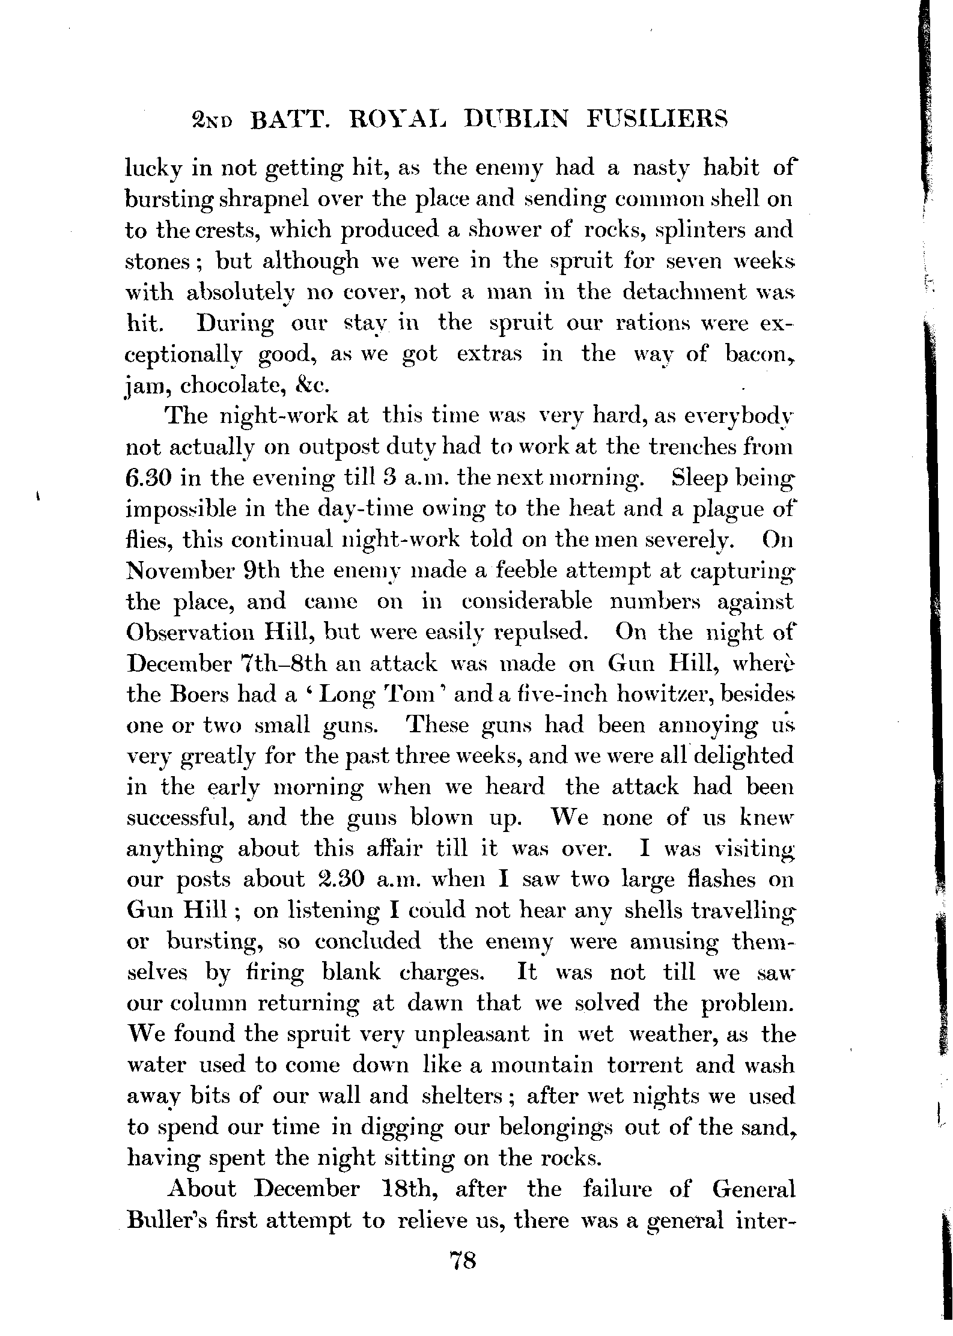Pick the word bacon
click(x=758, y=353)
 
